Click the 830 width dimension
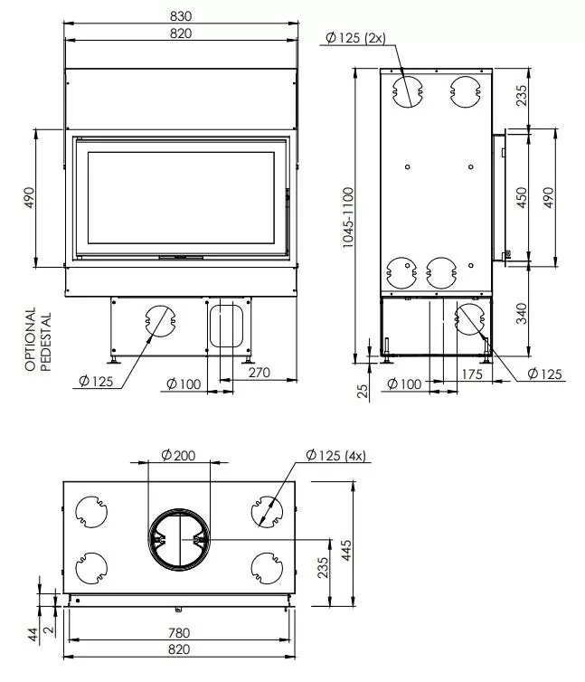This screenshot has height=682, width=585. pos(182,15)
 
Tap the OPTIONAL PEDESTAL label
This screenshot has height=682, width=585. pos(38,340)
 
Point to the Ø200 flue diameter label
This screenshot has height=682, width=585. pos(178,455)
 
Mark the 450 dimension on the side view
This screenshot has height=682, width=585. pos(521,198)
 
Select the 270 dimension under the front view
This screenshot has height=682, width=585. pos(259,370)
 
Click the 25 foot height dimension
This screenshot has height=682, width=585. pos(363,390)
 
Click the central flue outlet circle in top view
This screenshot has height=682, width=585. pos(178,539)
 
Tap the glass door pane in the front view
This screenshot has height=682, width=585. pos(179,197)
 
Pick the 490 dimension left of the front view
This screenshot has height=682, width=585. pos(28,198)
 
